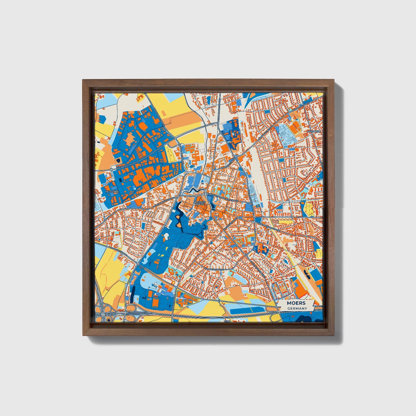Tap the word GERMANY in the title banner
297,308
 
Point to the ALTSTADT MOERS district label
199,203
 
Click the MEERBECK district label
314,131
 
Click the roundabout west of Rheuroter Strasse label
111,170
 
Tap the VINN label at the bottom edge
228,320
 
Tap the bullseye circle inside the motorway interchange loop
108,320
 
